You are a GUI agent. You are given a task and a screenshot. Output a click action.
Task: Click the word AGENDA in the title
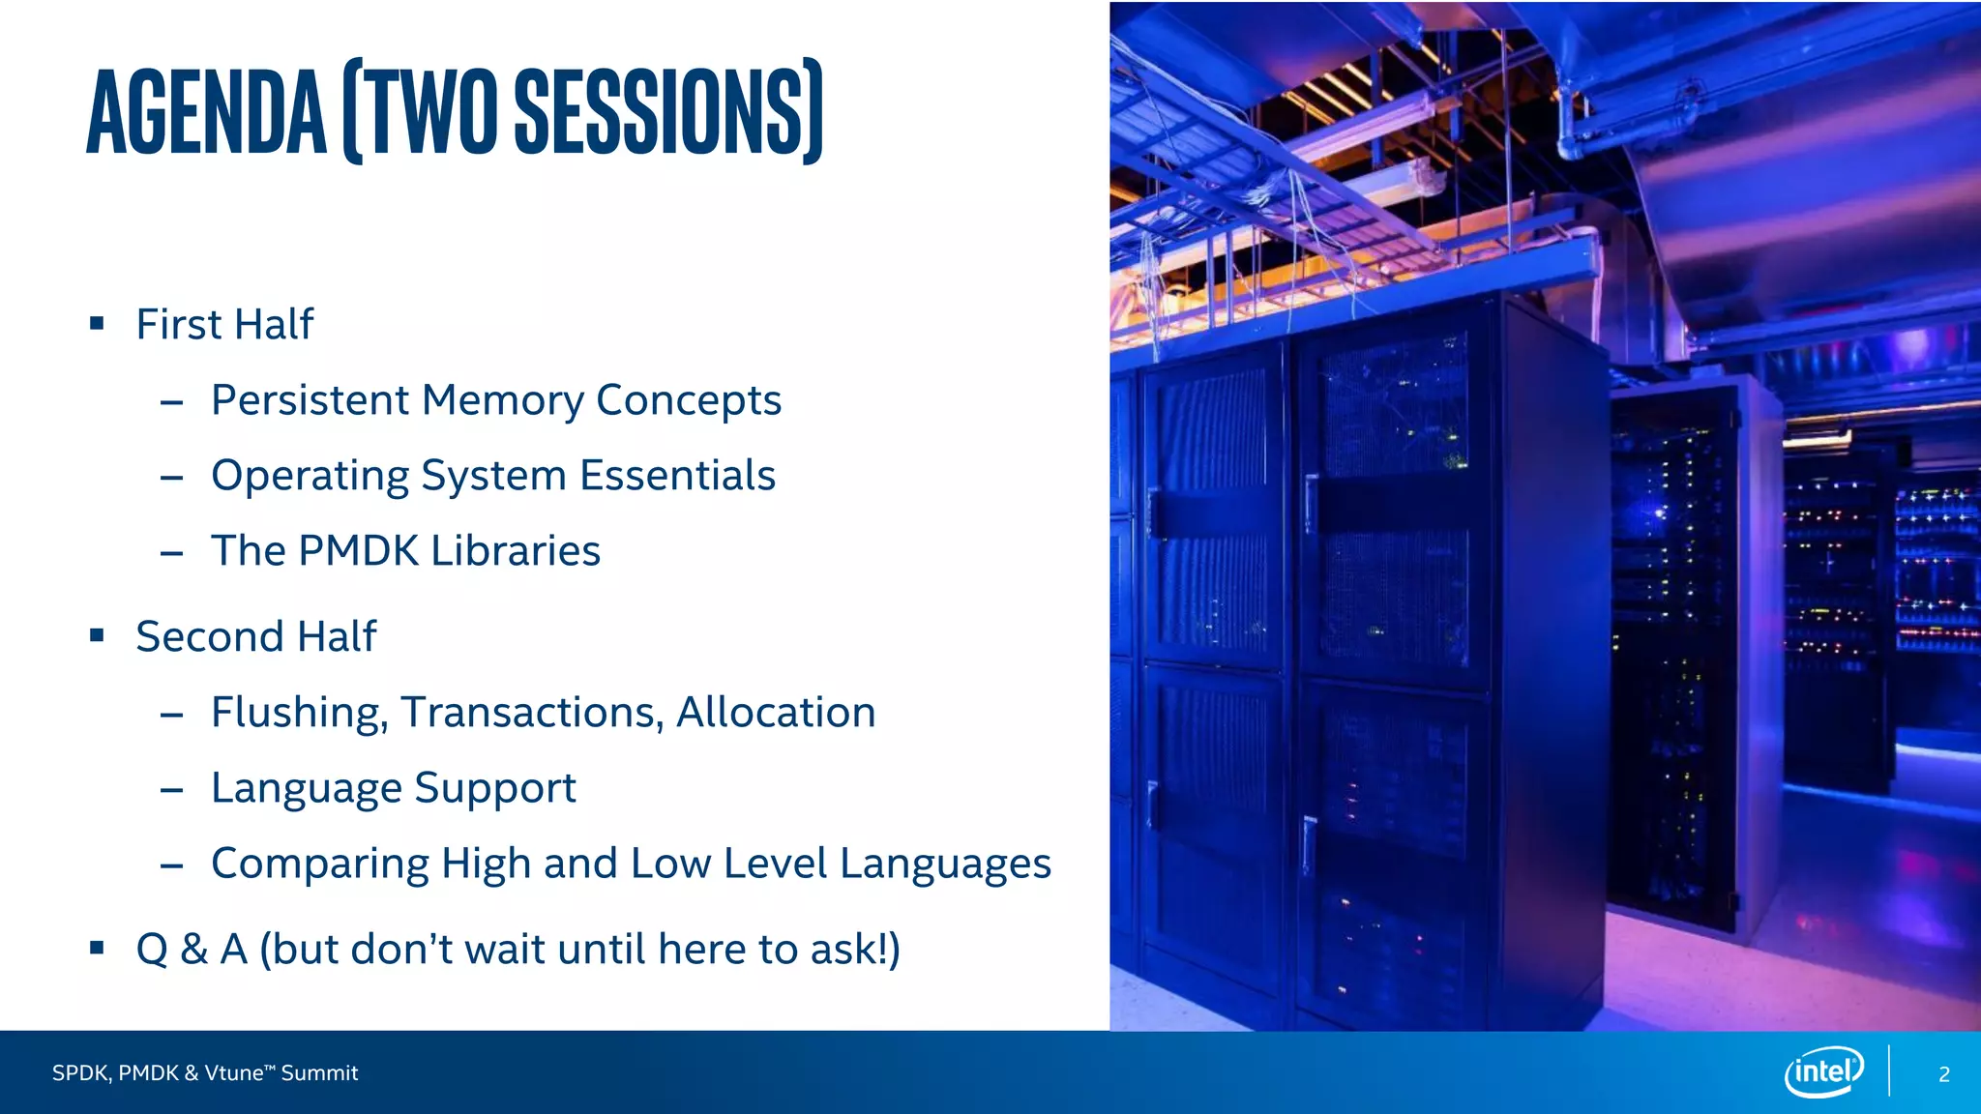pyautogui.click(x=206, y=112)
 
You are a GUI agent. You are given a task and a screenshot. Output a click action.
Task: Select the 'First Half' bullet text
pyautogui.click(x=224, y=324)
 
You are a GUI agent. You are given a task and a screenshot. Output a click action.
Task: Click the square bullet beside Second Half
pyautogui.click(x=97, y=635)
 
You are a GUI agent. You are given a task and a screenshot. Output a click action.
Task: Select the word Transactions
pyautogui.click(x=532, y=713)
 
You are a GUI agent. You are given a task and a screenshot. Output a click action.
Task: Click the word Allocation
pyautogui.click(x=776, y=713)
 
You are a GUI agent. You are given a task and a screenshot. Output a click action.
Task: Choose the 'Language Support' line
pyautogui.click(x=393, y=788)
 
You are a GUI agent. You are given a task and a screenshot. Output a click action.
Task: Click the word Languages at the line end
pyautogui.click(x=945, y=864)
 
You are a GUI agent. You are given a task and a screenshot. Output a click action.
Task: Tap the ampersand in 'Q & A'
pyautogui.click(x=194, y=949)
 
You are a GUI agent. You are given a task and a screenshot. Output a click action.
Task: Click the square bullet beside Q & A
pyautogui.click(x=97, y=948)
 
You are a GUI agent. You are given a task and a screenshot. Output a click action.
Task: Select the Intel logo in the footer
pyautogui.click(x=1823, y=1071)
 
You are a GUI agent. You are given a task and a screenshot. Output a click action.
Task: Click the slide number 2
pyautogui.click(x=1944, y=1074)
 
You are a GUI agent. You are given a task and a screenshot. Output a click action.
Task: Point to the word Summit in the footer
pyautogui.click(x=319, y=1073)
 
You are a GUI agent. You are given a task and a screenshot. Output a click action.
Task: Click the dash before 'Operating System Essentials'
pyautogui.click(x=172, y=477)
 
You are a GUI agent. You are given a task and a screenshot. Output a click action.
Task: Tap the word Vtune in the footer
pyautogui.click(x=233, y=1073)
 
